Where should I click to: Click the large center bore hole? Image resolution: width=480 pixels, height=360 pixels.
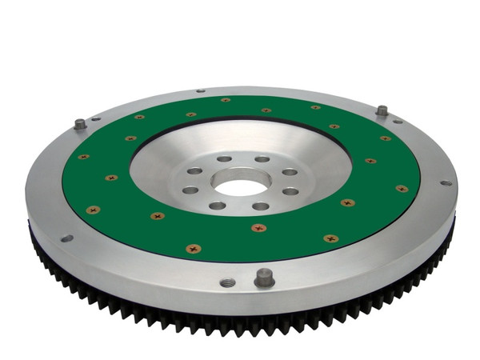pos(239,187)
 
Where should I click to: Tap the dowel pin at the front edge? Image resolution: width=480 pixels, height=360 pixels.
pos(264,278)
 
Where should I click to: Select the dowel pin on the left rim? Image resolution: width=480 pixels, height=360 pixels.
pos(80,124)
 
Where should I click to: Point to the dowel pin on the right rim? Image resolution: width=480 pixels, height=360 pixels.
pos(382,110)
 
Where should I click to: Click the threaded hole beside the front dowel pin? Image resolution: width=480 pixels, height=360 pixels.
pos(227,282)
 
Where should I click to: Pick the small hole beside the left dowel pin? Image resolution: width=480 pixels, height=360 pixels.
pos(96,119)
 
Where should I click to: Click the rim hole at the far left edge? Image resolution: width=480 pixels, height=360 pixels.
pos(66,238)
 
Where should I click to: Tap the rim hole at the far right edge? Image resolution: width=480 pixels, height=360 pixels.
pos(445,182)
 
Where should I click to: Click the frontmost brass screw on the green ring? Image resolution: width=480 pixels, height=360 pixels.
pos(193,249)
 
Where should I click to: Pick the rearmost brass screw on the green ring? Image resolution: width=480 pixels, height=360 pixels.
pos(225,100)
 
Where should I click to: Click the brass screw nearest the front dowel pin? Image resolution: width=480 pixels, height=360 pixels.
pos(258,227)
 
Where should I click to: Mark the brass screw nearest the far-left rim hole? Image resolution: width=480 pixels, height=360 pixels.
pos(92,210)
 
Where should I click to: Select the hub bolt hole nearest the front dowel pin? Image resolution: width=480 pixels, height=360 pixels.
pos(261,206)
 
